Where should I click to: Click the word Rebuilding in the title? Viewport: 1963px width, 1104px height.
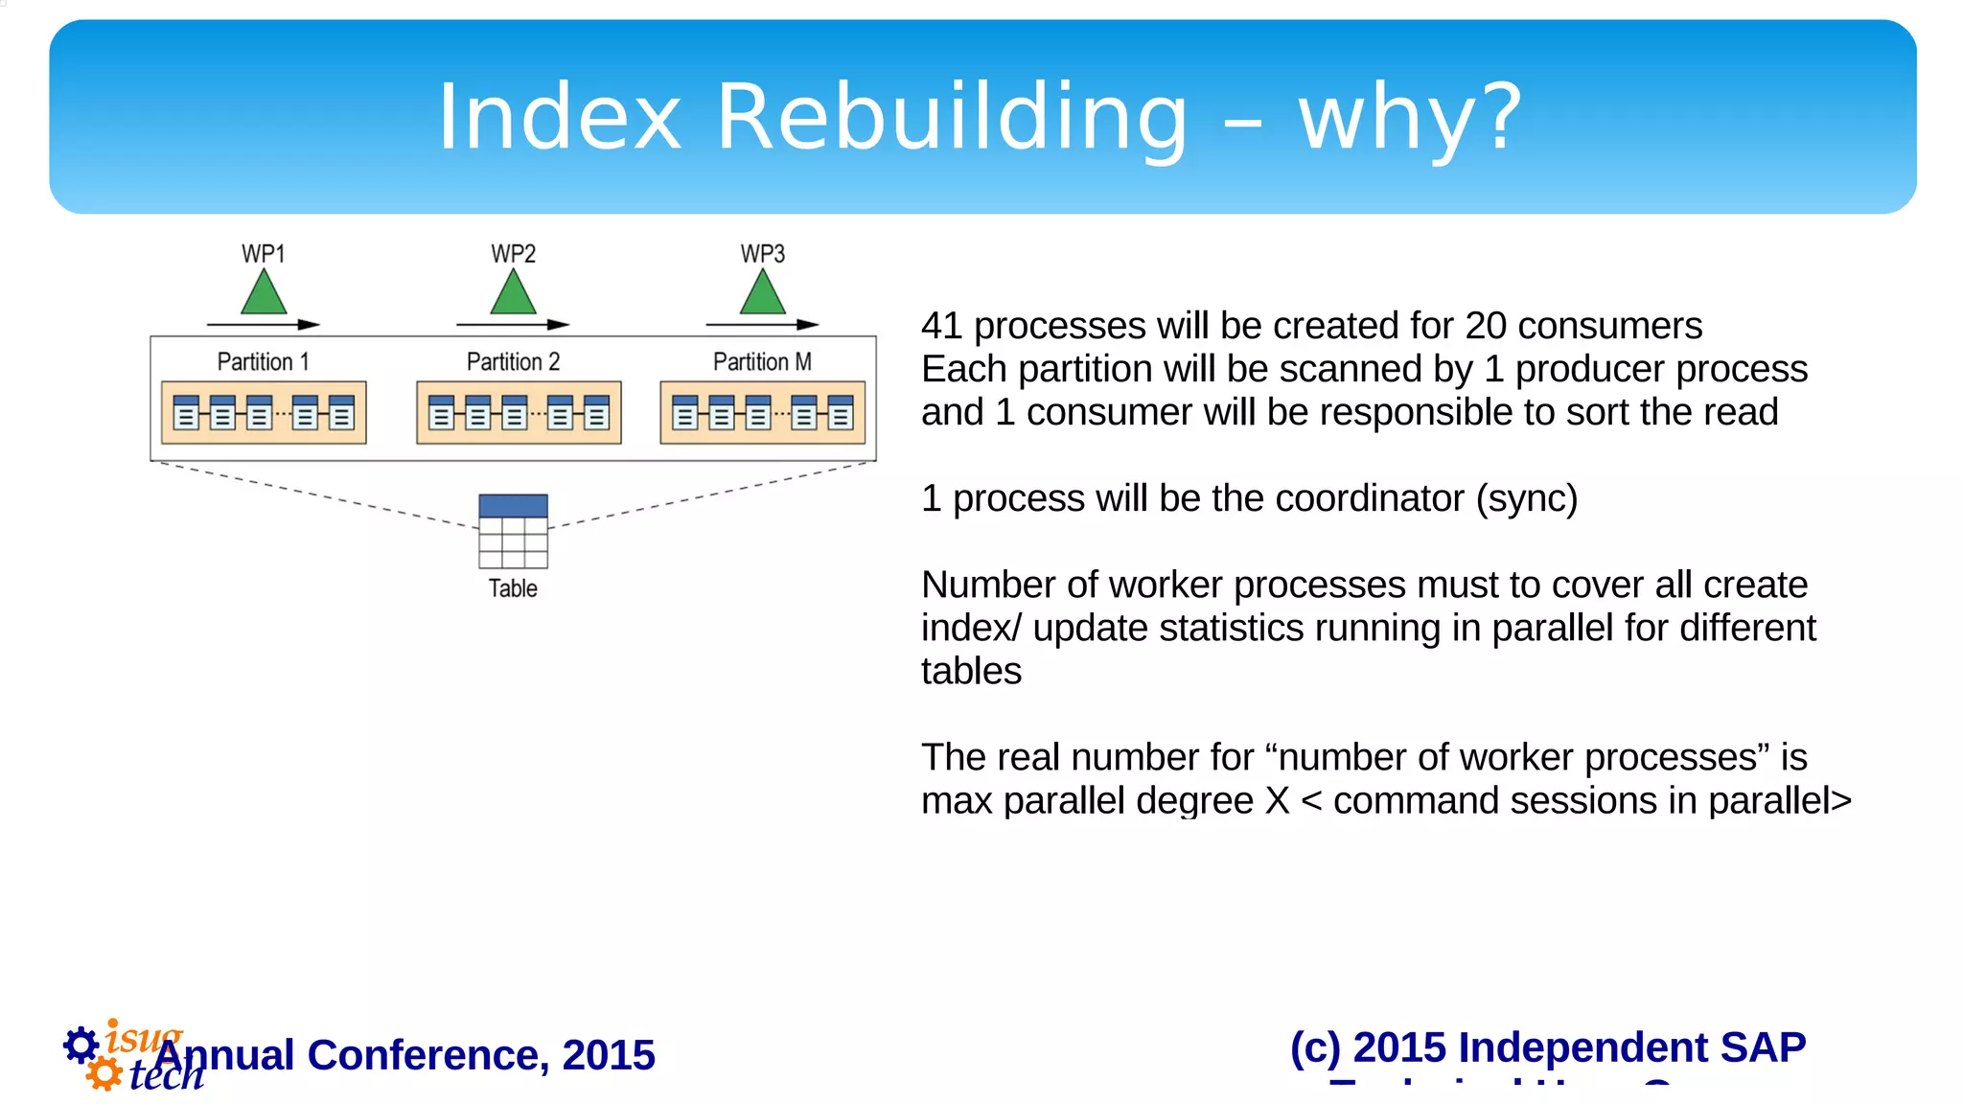(x=953, y=117)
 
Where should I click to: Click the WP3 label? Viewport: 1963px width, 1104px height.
(x=763, y=254)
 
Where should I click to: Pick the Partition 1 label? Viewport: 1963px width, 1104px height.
(x=263, y=362)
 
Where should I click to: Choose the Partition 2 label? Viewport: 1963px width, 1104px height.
(x=513, y=362)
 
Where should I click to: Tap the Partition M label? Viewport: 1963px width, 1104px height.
(x=762, y=362)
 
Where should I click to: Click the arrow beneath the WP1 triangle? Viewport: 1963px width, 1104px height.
(x=264, y=325)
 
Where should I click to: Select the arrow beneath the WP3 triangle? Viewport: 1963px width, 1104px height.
(x=763, y=325)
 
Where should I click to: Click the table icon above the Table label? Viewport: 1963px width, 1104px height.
(x=513, y=531)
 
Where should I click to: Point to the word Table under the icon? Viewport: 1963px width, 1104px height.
(x=513, y=588)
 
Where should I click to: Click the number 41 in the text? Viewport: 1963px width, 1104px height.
(x=941, y=326)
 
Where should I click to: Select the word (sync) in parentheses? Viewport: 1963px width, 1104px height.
(x=1526, y=498)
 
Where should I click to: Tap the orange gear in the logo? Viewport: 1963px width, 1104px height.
(x=104, y=1073)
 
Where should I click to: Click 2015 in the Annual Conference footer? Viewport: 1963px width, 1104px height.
(x=609, y=1055)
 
